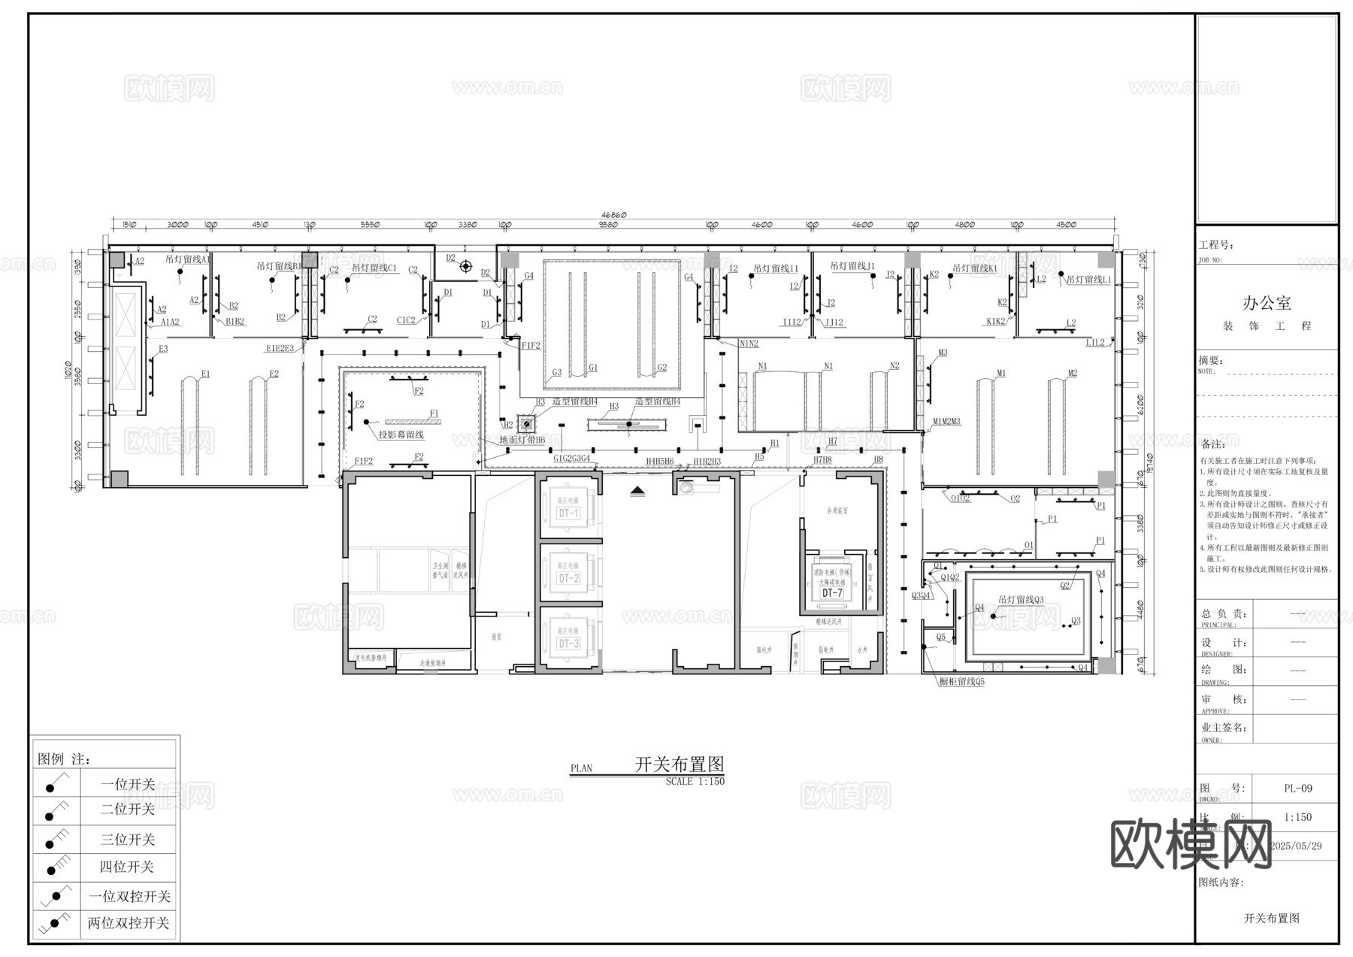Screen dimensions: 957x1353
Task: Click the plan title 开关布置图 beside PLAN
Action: (680, 765)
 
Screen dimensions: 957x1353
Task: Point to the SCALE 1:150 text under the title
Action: (695, 782)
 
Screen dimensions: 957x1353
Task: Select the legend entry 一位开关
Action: (128, 784)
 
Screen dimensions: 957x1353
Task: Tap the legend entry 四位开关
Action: (126, 867)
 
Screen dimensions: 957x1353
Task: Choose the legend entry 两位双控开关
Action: (129, 923)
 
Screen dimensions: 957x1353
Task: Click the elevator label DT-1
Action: (568, 513)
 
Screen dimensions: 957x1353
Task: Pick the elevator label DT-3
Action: (568, 644)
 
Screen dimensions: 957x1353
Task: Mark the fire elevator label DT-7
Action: (832, 593)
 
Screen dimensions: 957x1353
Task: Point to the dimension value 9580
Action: (608, 225)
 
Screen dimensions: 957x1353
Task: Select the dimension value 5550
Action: (370, 225)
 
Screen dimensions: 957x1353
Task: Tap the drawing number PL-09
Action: (1298, 789)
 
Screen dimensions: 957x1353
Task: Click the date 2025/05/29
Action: (1296, 846)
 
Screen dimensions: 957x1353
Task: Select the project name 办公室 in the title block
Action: (1267, 303)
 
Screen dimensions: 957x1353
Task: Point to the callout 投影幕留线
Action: (401, 435)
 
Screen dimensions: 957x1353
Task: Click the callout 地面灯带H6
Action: (522, 440)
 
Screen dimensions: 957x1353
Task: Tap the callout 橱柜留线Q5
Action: (961, 682)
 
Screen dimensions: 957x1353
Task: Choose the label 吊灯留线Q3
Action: (1021, 600)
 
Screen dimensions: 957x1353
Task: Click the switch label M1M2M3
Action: (946, 422)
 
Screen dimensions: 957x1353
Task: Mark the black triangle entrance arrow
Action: (637, 490)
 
